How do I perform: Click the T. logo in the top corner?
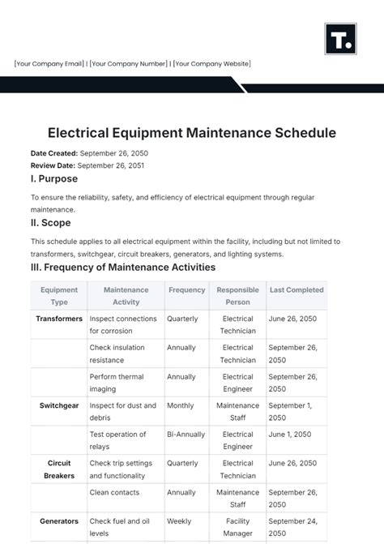tap(340, 38)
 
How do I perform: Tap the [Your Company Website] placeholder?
tap(212, 64)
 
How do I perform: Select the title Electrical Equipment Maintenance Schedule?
tap(191, 132)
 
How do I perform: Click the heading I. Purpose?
tap(54, 179)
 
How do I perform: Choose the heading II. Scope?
tap(51, 223)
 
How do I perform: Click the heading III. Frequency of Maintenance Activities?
tap(123, 267)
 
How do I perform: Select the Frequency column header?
tap(186, 289)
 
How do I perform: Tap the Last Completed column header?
tap(297, 289)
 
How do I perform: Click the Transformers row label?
tap(59, 319)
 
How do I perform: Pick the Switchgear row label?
tap(59, 405)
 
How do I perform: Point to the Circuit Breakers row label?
tap(59, 469)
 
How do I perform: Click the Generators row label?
tap(59, 521)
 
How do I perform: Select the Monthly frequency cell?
tap(181, 405)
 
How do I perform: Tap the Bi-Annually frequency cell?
tap(186, 435)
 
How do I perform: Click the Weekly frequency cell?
tap(179, 521)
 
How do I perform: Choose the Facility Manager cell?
tap(237, 527)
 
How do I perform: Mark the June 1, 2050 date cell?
tap(290, 435)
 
